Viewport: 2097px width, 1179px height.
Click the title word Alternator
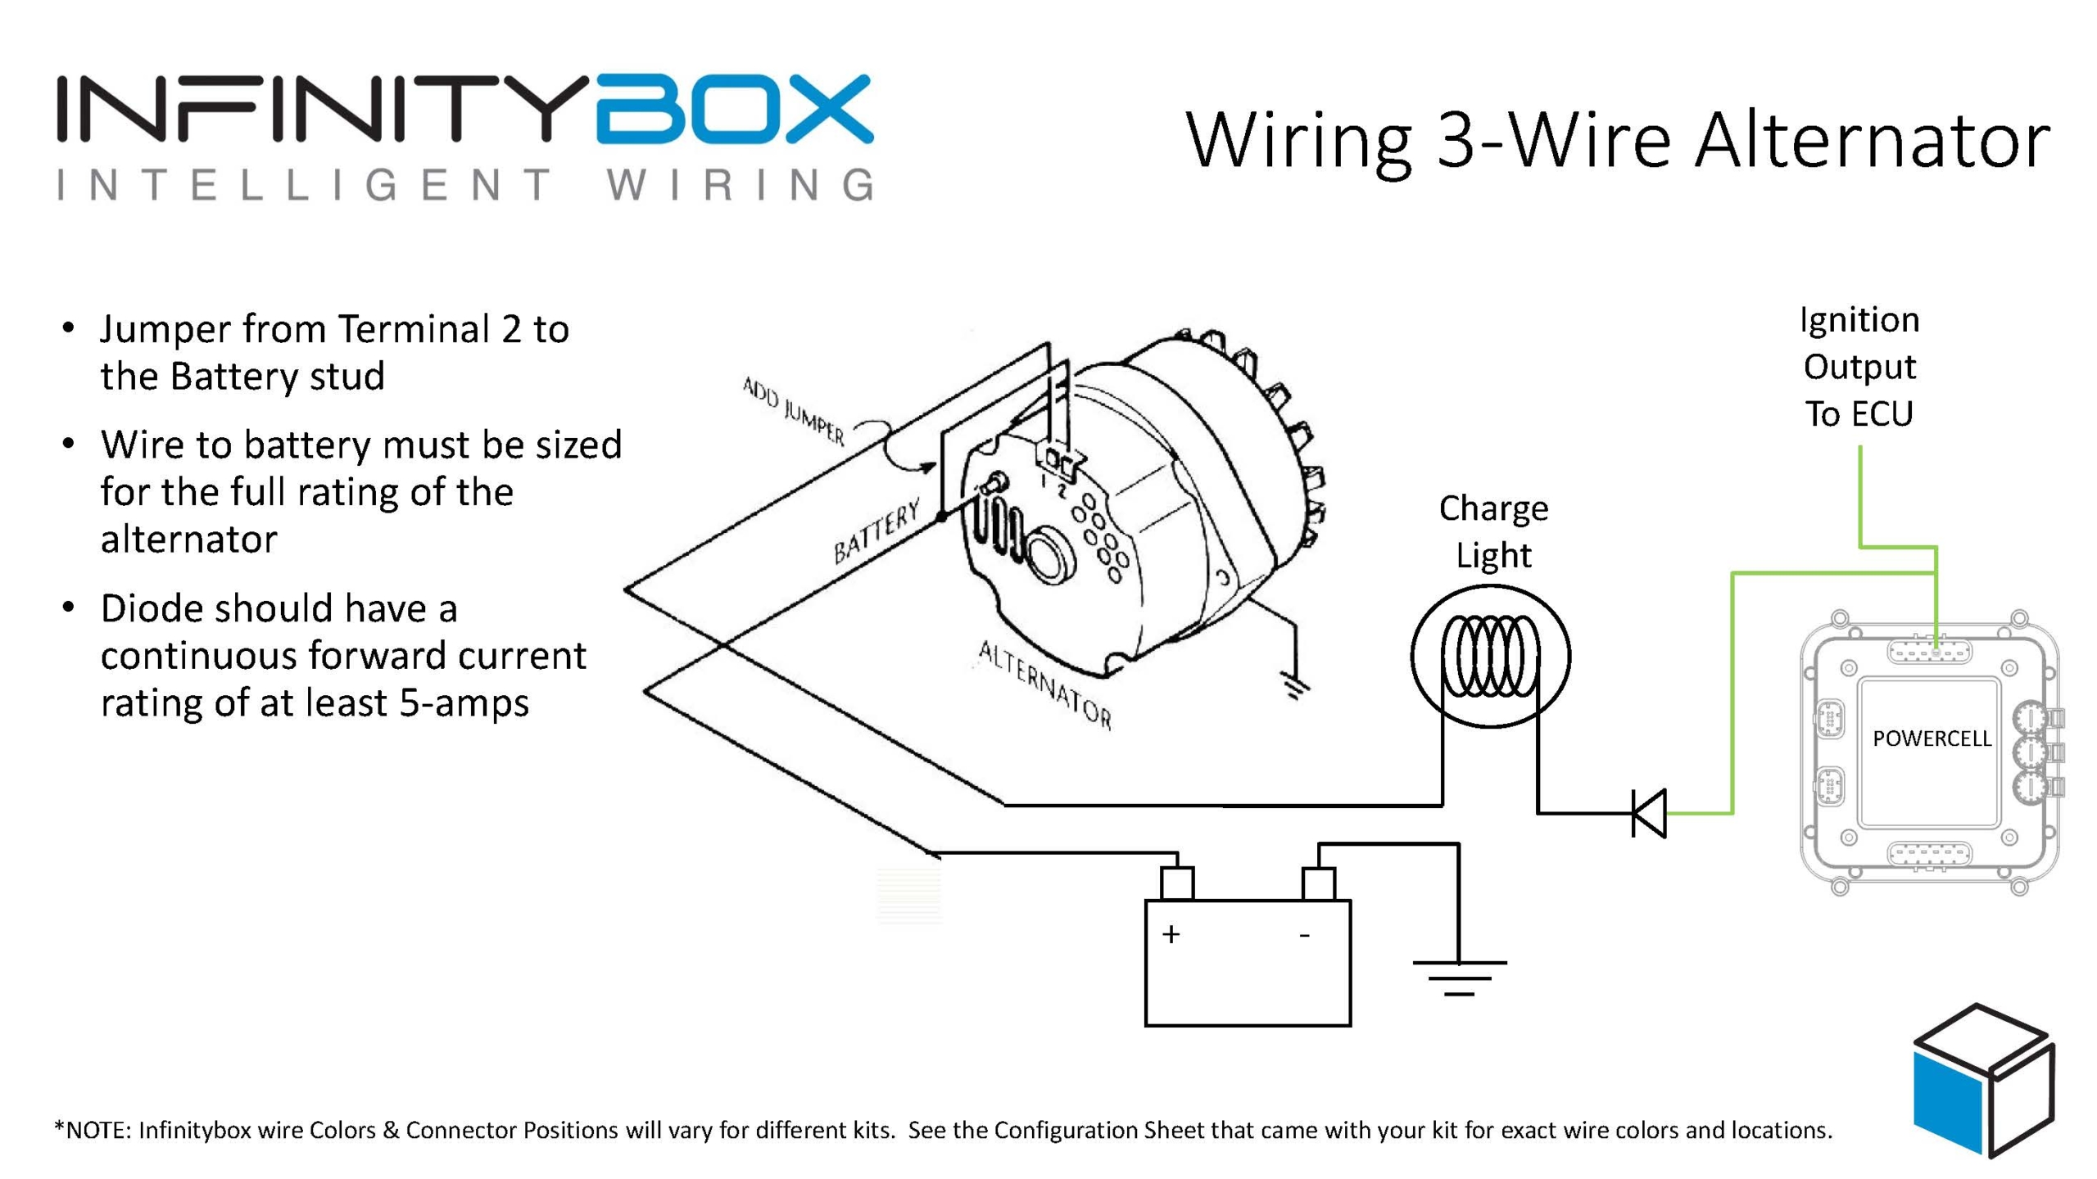pyautogui.click(x=1871, y=141)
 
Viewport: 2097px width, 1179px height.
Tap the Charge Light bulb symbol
pyautogui.click(x=1490, y=656)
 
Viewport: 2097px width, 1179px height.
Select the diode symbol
pyautogui.click(x=1648, y=813)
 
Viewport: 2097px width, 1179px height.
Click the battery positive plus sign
pyautogui.click(x=1171, y=934)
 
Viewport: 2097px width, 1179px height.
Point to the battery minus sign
pyautogui.click(x=1304, y=934)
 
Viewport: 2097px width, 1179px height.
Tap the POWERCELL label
pyautogui.click(x=1931, y=739)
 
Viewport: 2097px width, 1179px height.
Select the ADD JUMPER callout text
pyautogui.click(x=792, y=410)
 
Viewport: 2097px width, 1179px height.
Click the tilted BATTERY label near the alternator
pyautogui.click(x=876, y=533)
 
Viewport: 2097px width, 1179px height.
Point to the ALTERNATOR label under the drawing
pyautogui.click(x=1045, y=684)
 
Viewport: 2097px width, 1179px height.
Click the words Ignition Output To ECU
pyautogui.click(x=1859, y=367)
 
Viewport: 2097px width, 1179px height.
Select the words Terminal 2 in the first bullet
pyautogui.click(x=429, y=329)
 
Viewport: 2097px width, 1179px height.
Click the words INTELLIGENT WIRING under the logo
pyautogui.click(x=464, y=185)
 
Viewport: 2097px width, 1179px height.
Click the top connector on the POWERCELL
pyautogui.click(x=1929, y=652)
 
